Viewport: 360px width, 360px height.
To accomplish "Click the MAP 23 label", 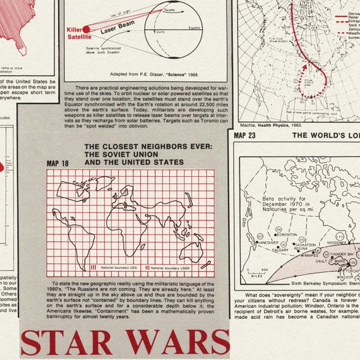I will coord(244,135).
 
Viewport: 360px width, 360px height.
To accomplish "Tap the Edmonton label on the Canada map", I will coord(285,234).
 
